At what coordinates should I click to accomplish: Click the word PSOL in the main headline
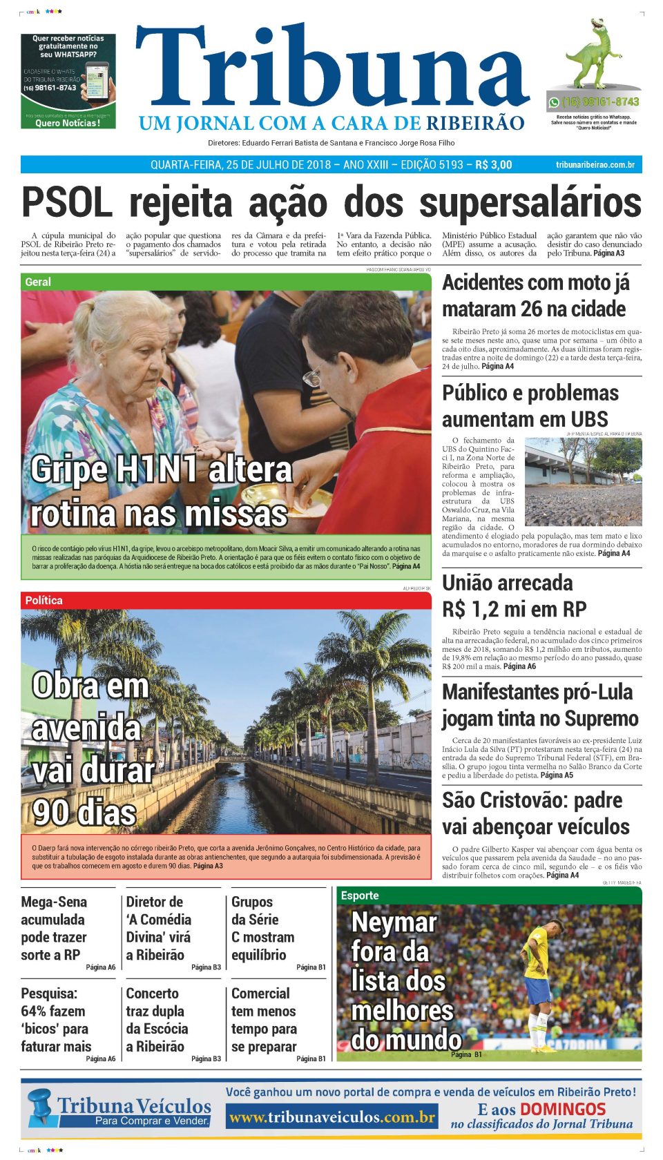tap(66, 203)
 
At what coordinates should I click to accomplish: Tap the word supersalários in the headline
tap(530, 203)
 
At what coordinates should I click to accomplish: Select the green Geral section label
tap(39, 282)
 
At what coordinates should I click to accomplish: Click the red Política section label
tap(44, 600)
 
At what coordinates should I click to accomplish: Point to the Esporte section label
tap(360, 896)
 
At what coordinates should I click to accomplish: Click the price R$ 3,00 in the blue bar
tap(494, 164)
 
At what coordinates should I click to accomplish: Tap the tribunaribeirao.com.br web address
tap(595, 164)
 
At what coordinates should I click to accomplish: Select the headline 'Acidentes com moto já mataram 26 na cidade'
tap(535, 296)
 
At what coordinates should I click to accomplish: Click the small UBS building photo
tap(583, 481)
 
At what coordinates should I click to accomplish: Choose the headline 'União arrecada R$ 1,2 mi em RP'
tap(514, 596)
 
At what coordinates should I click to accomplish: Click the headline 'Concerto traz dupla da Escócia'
tap(157, 1020)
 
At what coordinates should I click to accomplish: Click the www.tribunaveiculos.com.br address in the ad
tap(331, 1116)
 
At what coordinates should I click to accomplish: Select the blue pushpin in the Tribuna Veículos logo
tap(41, 1105)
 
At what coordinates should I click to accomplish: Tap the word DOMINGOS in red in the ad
tap(562, 1109)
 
